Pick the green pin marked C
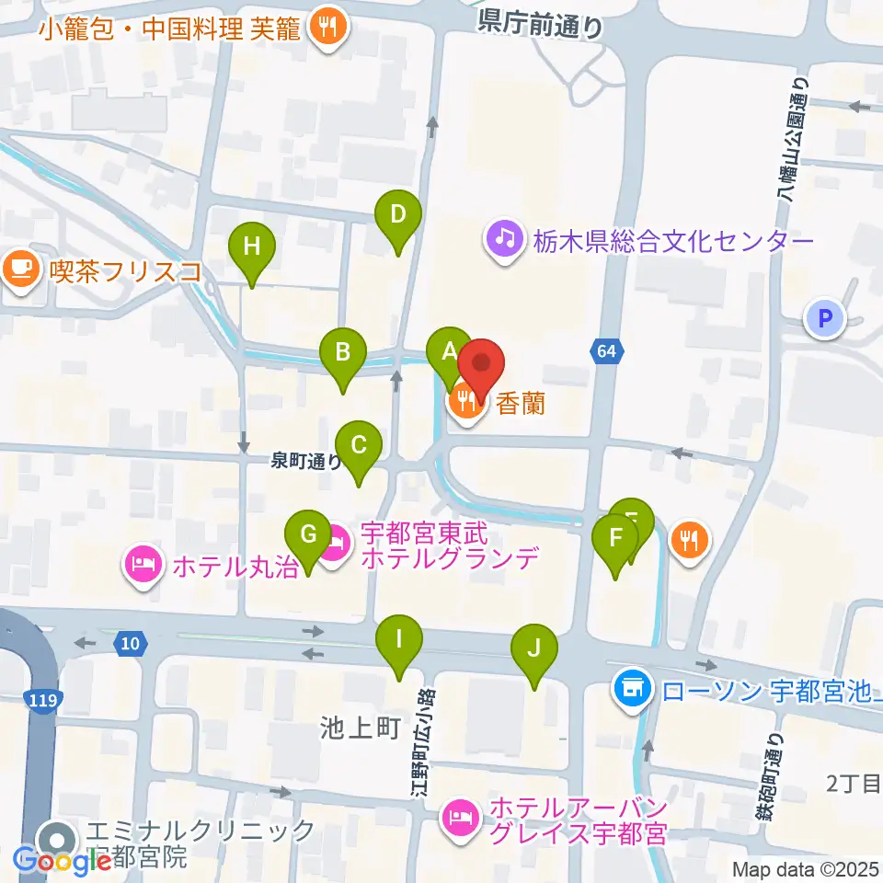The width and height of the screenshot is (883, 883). [x=359, y=447]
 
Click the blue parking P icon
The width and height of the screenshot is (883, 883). [x=824, y=320]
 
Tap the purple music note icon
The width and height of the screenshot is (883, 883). [x=505, y=241]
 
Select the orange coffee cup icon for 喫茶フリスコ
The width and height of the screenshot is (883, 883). [x=20, y=270]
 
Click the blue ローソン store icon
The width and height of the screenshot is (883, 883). [x=631, y=687]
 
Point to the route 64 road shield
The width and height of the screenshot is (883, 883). [x=604, y=350]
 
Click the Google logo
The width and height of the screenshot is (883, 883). [x=63, y=861]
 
